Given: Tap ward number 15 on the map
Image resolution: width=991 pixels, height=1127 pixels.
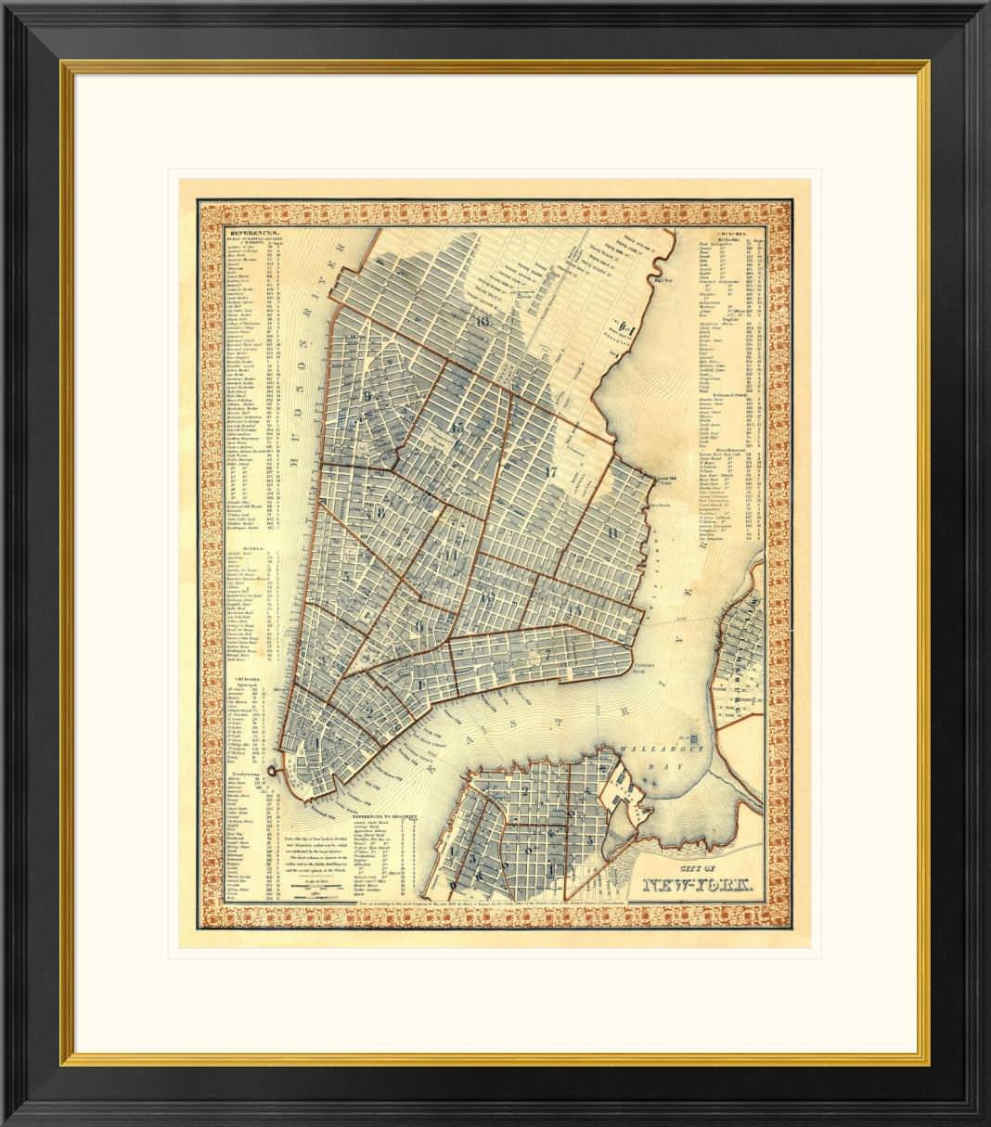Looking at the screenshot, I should (x=455, y=428).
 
